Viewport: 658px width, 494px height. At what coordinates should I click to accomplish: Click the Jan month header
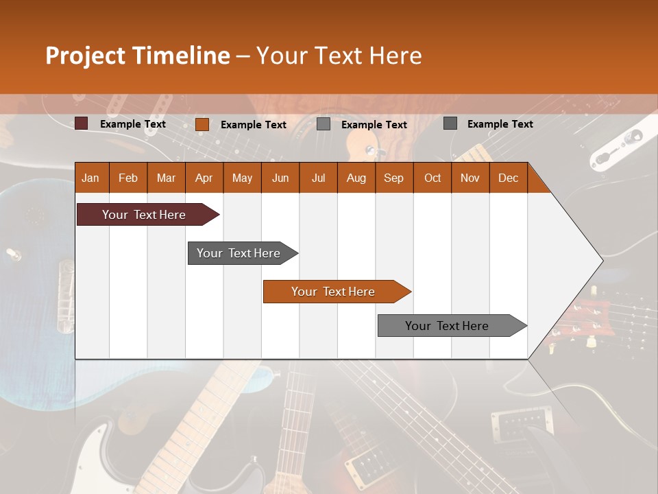(x=91, y=178)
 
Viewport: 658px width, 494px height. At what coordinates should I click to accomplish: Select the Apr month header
(x=204, y=178)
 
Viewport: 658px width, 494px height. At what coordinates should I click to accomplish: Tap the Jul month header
(x=318, y=178)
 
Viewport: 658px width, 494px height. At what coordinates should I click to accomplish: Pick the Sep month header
(x=394, y=178)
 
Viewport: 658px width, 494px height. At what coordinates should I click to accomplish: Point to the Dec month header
(x=508, y=178)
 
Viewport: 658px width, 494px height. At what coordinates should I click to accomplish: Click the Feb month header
(x=128, y=178)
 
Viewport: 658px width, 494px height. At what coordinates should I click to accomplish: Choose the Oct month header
(x=432, y=178)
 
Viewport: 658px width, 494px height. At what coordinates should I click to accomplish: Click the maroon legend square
(x=82, y=123)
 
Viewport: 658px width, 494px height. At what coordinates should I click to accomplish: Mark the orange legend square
(x=202, y=124)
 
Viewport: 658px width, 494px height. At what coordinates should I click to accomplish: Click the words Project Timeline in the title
(x=137, y=56)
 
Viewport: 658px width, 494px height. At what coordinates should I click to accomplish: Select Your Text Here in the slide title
(x=339, y=56)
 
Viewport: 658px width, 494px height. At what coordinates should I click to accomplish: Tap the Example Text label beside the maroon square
(x=133, y=124)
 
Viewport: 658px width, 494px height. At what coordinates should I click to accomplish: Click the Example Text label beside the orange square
(x=254, y=125)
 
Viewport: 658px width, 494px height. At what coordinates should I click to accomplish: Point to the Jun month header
(x=280, y=178)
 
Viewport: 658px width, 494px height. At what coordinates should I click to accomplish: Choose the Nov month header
(x=470, y=178)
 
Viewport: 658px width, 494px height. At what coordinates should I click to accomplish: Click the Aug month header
(x=356, y=178)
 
